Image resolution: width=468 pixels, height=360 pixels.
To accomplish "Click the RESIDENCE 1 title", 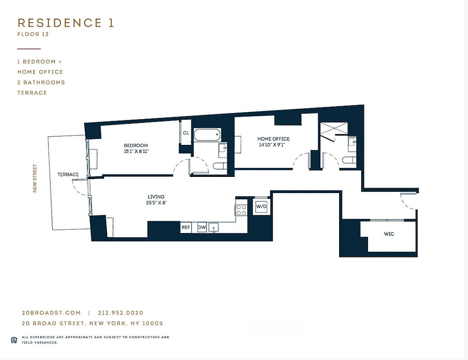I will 66,23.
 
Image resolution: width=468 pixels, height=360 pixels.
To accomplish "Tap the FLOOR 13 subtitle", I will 32,34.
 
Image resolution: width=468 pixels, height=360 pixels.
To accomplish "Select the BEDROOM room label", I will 136,145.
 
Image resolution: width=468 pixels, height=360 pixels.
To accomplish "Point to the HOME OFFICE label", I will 273,139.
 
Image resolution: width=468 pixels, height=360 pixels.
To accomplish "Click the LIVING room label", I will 156,197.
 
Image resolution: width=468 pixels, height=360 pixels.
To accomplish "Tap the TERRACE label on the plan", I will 68,175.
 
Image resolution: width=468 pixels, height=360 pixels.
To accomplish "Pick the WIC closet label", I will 389,234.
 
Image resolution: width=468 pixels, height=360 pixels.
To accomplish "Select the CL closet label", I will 186,133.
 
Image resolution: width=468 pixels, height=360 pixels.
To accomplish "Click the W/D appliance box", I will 261,207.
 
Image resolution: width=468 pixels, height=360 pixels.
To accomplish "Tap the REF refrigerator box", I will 186,228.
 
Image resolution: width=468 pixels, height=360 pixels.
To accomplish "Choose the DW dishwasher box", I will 202,228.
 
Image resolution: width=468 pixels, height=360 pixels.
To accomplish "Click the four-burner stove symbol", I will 241,210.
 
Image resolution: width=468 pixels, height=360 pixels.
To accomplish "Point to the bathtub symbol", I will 207,134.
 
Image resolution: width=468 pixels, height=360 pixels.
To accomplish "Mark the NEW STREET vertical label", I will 35,179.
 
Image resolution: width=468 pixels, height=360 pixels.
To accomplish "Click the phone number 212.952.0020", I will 120,313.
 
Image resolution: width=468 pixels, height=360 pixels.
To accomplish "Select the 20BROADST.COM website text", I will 51,313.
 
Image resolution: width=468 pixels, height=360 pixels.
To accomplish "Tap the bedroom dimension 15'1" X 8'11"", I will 136,152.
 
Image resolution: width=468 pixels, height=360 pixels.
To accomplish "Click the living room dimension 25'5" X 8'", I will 156,203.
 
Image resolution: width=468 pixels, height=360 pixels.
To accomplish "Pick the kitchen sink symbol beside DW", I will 214,228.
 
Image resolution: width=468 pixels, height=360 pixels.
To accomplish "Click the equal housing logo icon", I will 14,339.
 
